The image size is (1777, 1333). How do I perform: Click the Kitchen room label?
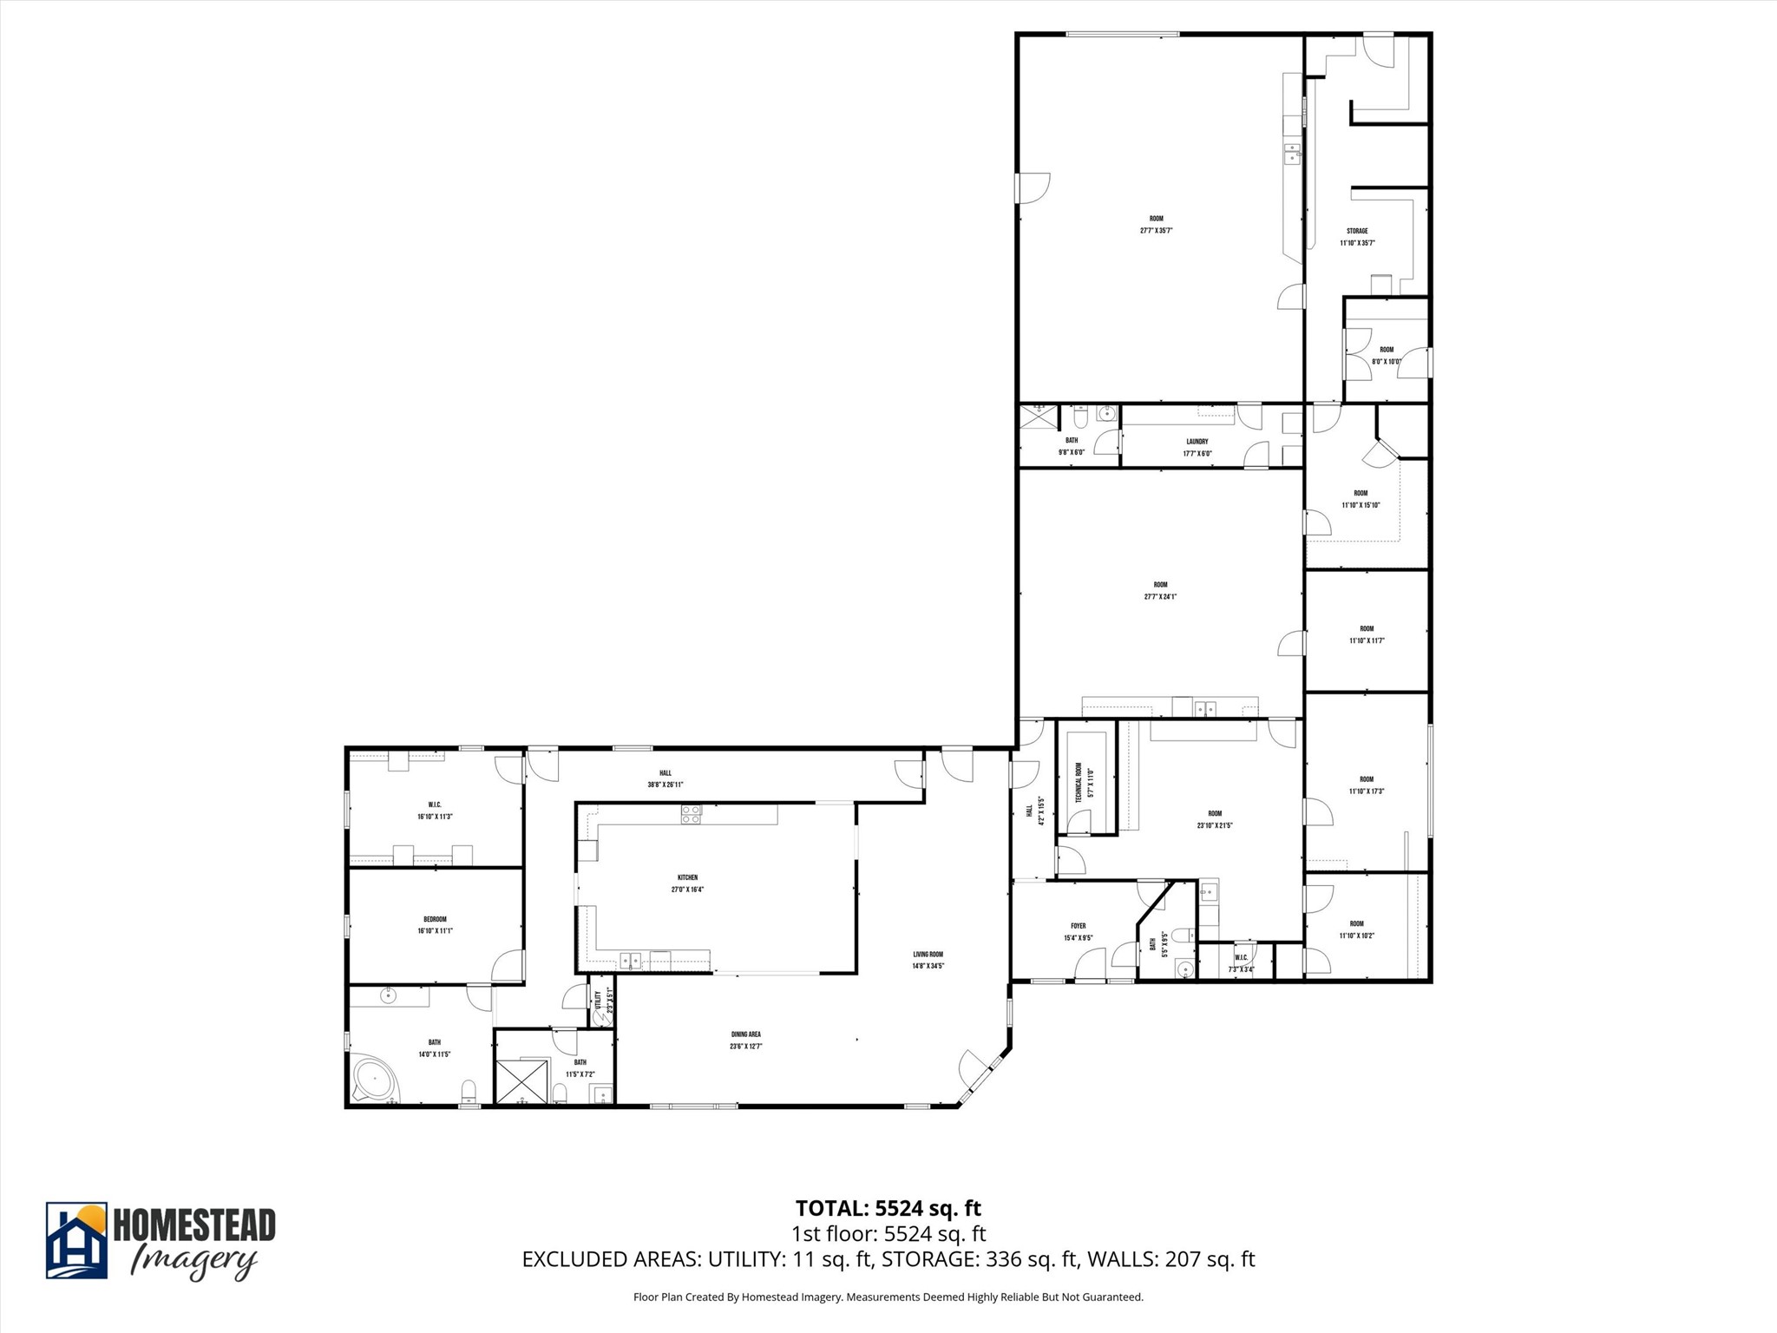(686, 877)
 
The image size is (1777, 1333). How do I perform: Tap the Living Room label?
(928, 954)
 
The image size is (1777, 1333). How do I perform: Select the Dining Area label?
(745, 1034)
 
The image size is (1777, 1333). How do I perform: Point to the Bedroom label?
(435, 919)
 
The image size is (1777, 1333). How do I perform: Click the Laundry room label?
(1197, 442)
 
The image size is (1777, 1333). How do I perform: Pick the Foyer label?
(1079, 926)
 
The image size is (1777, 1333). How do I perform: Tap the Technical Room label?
(1079, 782)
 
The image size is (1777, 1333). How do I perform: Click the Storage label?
(1357, 231)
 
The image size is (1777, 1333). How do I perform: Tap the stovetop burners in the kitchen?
(691, 814)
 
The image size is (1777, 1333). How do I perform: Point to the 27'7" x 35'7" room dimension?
(1157, 231)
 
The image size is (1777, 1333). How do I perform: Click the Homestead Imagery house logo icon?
(76, 1240)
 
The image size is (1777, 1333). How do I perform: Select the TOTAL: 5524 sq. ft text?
(888, 1208)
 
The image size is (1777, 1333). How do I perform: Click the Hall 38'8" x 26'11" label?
(666, 778)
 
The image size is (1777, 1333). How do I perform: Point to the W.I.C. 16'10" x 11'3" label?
(435, 811)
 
